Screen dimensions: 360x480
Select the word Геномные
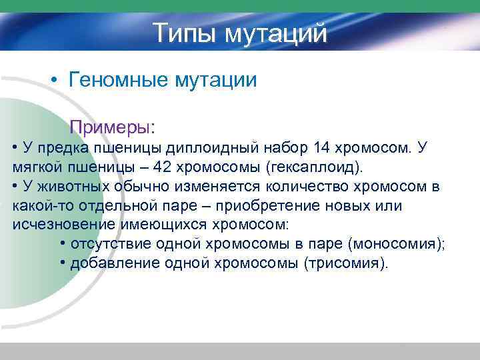[118, 81]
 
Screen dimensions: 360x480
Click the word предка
[68, 147]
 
